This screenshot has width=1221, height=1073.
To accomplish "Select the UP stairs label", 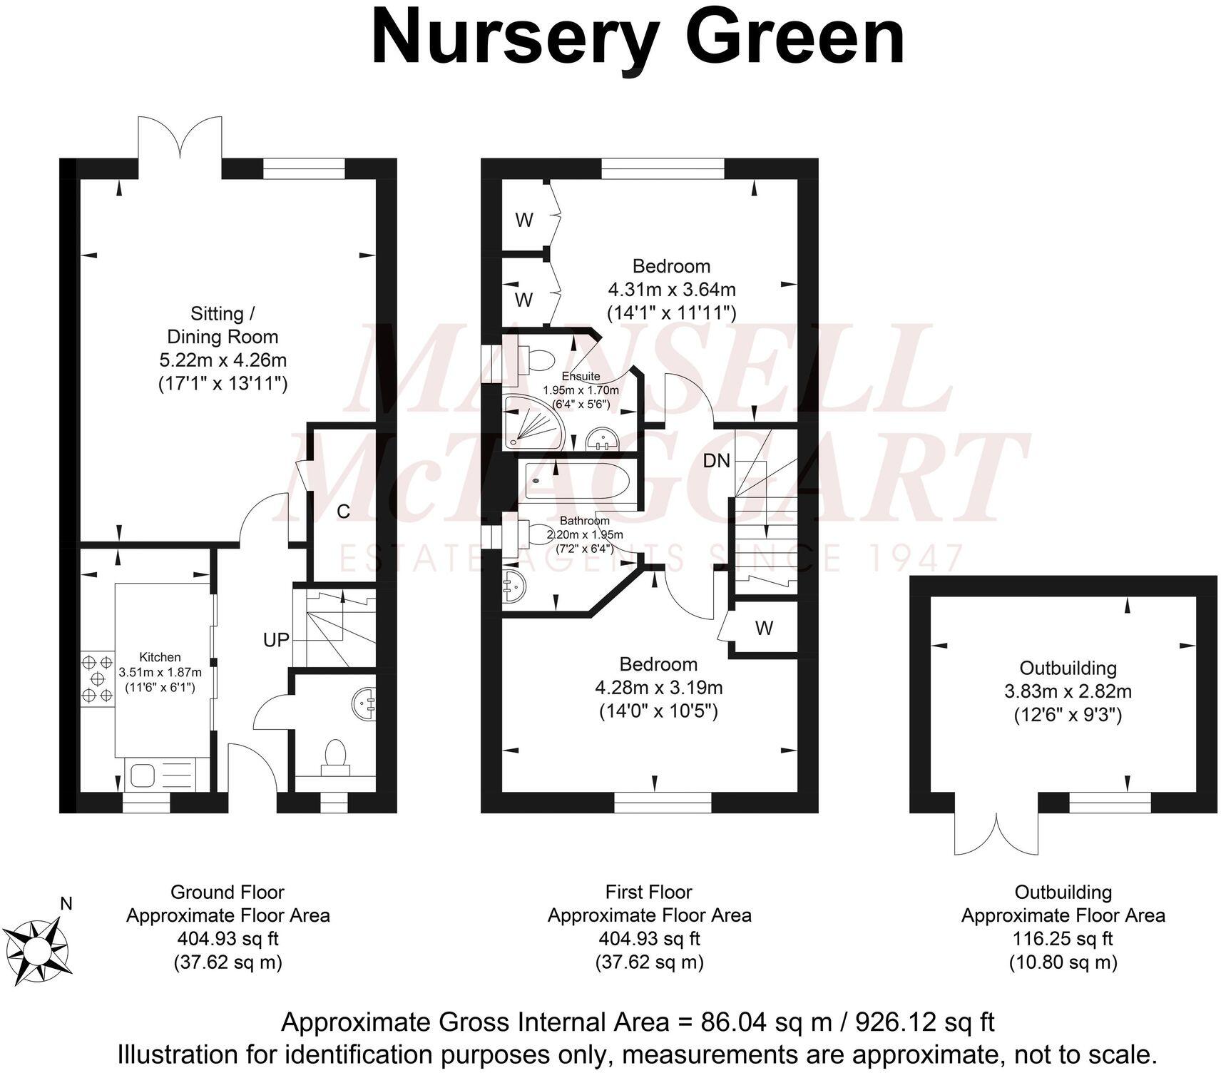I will (276, 640).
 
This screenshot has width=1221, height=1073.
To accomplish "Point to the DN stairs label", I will (716, 461).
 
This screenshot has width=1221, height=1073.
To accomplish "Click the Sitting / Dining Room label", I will (223, 325).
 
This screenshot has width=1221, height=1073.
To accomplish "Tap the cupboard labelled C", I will (343, 512).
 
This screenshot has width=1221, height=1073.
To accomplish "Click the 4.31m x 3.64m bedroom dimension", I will (671, 290).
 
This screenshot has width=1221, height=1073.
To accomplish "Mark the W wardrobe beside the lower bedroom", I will (764, 629).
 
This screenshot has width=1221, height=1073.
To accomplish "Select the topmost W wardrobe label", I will (524, 220).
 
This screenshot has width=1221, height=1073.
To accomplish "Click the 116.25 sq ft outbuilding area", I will (1063, 939).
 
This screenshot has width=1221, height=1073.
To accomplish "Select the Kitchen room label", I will (160, 657).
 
